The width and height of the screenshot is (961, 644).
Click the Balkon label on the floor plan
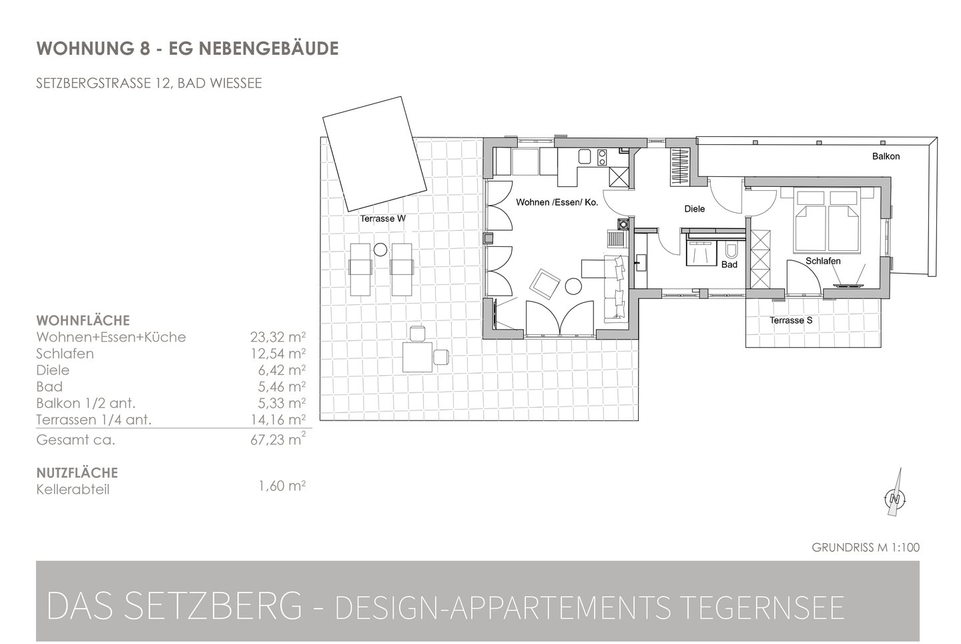886,156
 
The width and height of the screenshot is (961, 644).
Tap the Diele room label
694,209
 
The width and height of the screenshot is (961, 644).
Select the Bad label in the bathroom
729,264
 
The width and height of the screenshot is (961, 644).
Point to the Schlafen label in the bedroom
822,261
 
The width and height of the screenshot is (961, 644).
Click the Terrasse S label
791,320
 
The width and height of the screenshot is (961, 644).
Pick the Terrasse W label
382,218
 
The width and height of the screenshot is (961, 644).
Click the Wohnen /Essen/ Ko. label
557,202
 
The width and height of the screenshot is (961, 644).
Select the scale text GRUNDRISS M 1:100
866,547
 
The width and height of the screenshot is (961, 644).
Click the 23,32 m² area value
278,337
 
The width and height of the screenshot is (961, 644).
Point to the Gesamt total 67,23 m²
278,439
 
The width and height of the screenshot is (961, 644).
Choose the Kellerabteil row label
73,490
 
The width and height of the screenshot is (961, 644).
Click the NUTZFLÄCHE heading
77,472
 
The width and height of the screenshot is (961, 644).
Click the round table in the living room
573,286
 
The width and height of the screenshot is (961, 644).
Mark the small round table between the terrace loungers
380,250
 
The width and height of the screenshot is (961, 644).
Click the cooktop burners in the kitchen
602,157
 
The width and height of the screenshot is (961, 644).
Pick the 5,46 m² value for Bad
282,386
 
